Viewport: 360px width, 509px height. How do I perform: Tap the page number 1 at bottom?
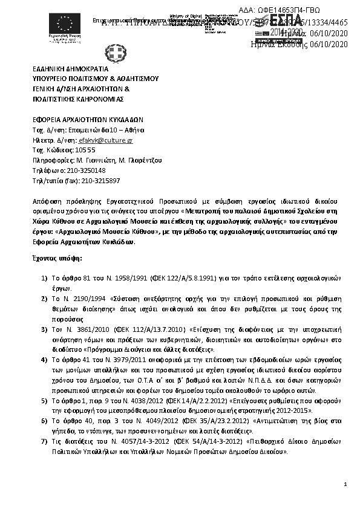click(345, 484)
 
